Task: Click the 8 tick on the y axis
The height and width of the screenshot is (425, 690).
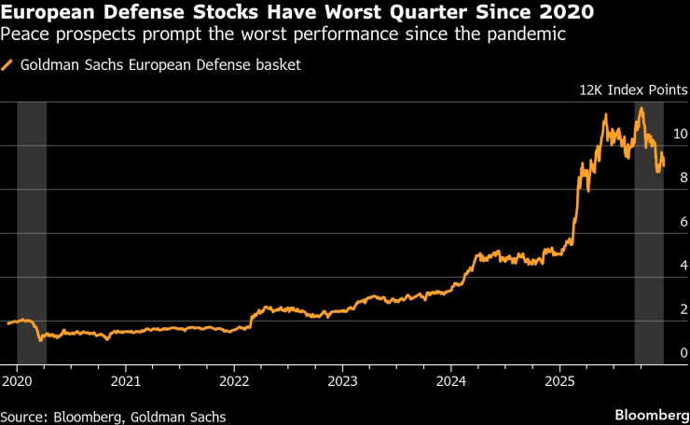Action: [x=683, y=178]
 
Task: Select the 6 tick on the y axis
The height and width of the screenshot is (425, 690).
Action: [x=683, y=222]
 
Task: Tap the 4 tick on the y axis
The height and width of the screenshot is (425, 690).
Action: [x=683, y=266]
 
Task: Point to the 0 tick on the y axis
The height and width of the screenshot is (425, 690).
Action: [x=683, y=352]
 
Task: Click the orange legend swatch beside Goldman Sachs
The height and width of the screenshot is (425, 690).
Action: [x=8, y=65]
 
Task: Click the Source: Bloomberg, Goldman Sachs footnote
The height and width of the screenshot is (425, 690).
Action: [x=113, y=416]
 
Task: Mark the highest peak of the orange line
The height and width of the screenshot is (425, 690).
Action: [x=641, y=108]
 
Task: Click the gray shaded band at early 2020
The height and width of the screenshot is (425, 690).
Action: [x=32, y=233]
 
